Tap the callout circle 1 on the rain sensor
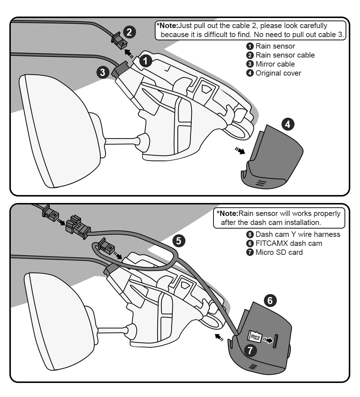pos(145,61)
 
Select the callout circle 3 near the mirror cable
pos(103,72)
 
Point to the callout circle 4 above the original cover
pos(288,125)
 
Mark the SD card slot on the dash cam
pos(276,340)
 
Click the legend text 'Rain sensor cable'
pos(285,55)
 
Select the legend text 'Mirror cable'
pos(275,64)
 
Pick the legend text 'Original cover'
pos(278,73)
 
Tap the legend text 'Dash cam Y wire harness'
pos(298,234)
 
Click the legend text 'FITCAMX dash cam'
pos(289,243)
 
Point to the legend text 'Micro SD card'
pos(279,252)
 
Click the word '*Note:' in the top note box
pos(167,26)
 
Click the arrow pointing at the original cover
pos(239,150)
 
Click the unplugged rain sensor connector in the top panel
pos(119,42)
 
